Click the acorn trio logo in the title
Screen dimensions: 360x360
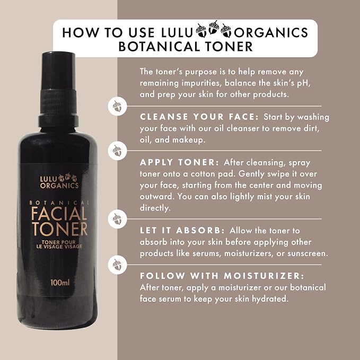click(213, 29)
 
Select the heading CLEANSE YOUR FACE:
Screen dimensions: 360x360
click(199, 117)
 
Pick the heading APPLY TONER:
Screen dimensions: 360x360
click(179, 162)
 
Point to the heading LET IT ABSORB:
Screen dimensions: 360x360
click(182, 230)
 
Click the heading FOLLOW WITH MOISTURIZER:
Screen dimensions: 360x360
click(222, 276)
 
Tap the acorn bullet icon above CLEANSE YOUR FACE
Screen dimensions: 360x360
click(117, 106)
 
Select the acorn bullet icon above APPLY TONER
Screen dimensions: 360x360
click(117, 151)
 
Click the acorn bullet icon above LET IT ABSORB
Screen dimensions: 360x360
click(117, 219)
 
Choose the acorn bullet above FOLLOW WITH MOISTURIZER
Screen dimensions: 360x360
click(117, 265)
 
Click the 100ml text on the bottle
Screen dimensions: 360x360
click(60, 283)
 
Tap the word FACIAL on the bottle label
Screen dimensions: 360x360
click(59, 214)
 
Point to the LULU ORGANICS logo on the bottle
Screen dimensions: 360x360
click(59, 181)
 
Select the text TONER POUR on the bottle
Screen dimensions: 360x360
click(58, 242)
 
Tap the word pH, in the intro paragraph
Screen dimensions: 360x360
click(304, 83)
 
